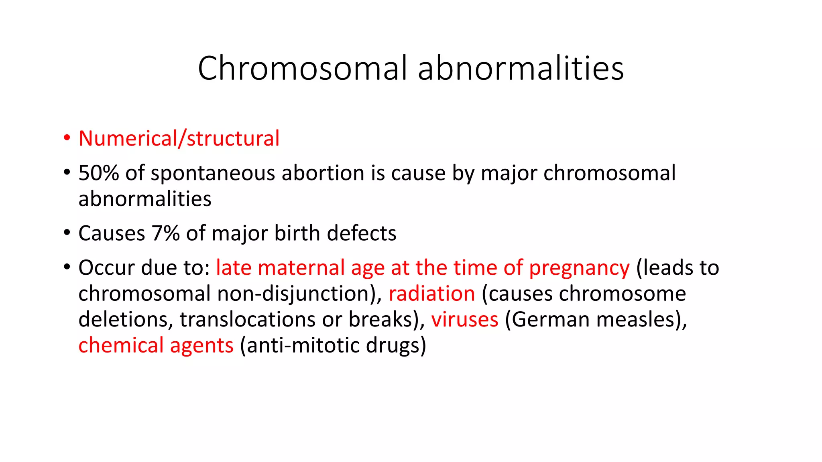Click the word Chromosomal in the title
[x=302, y=68]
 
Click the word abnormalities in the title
[x=521, y=68]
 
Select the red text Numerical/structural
[x=179, y=138]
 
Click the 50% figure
[x=98, y=173]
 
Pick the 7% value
[x=165, y=233]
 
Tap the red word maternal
[x=301, y=267]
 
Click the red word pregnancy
[x=579, y=268]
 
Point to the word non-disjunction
[x=296, y=294]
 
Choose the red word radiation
[x=431, y=294]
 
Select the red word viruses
[x=464, y=320]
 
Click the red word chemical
[x=121, y=345]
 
